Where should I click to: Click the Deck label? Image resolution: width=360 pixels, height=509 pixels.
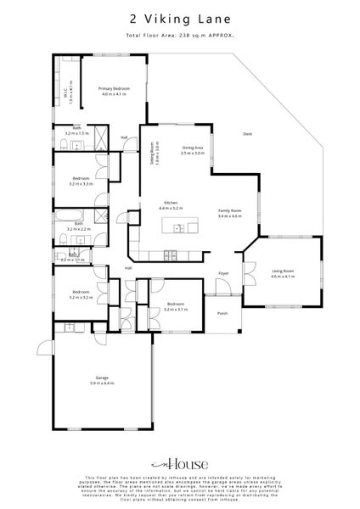(x=247, y=133)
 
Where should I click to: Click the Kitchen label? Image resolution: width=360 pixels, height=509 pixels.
(x=170, y=204)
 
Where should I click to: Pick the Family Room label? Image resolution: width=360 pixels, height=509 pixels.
(x=230, y=213)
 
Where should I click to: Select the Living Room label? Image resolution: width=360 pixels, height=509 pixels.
(x=282, y=273)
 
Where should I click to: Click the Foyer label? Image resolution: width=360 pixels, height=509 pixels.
(x=223, y=273)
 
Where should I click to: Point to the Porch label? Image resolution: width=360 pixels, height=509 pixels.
(x=223, y=313)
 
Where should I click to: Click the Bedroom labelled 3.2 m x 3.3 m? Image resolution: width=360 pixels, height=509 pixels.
(x=82, y=181)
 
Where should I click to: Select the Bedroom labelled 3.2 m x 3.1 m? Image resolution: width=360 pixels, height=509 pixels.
(x=177, y=306)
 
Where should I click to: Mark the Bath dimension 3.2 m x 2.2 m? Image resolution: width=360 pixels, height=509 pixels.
(x=79, y=228)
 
